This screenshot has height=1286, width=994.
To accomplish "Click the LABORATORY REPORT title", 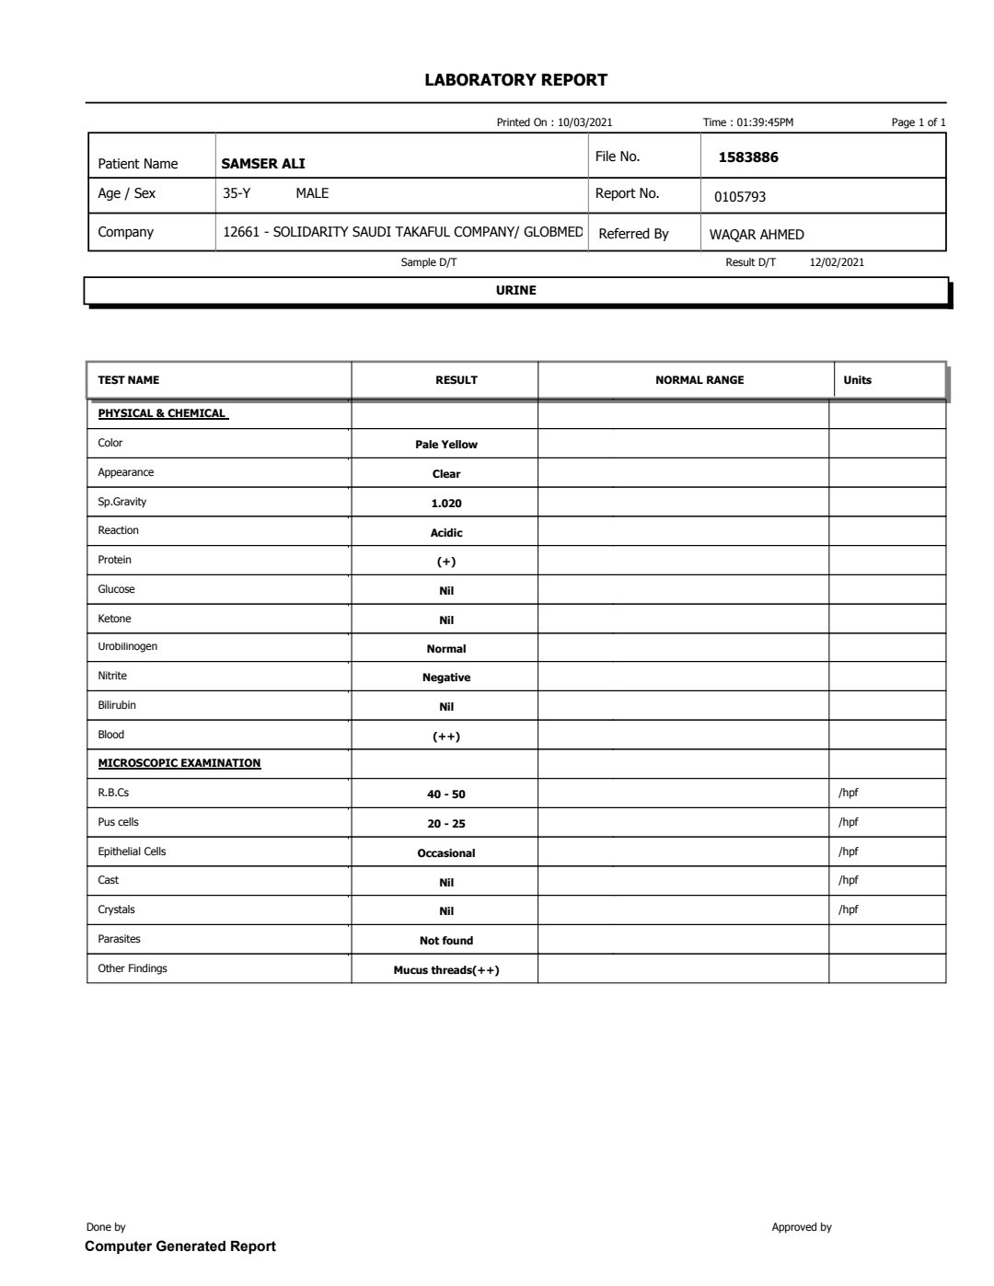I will [515, 80].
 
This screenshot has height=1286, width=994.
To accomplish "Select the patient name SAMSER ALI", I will [263, 164].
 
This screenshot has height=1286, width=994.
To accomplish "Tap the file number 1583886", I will [748, 157].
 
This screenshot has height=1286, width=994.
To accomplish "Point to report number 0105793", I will [740, 197].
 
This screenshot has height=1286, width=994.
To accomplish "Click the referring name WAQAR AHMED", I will [757, 235].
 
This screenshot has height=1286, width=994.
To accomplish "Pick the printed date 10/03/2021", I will [585, 122].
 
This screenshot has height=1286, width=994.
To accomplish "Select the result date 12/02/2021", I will [837, 262].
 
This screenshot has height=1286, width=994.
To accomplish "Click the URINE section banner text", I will [515, 290].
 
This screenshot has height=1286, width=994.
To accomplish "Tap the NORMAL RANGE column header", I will [699, 380].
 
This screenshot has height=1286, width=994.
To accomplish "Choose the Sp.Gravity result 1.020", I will [446, 504].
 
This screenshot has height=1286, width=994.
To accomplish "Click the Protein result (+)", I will [446, 562].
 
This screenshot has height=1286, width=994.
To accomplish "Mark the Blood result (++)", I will [446, 736].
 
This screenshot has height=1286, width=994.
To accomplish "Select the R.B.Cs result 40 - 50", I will [446, 794].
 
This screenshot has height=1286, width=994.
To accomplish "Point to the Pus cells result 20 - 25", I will [446, 824].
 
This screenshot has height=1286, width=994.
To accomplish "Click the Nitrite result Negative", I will [446, 678].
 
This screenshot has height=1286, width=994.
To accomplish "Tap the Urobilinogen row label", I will [128, 646].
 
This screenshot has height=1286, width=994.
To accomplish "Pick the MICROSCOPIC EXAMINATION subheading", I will [179, 763].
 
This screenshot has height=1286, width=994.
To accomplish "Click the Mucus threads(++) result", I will [446, 970].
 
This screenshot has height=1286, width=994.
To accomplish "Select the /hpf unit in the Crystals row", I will [849, 909].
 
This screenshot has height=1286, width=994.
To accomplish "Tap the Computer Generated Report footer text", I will [180, 1246].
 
